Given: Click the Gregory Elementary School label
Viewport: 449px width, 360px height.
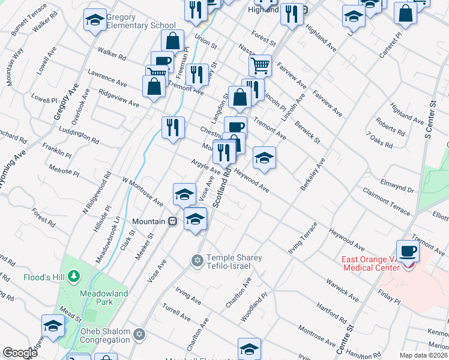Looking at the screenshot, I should (140, 22).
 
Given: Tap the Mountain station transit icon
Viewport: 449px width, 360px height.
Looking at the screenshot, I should (173, 221).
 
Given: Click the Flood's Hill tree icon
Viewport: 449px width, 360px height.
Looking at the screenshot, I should (73, 277).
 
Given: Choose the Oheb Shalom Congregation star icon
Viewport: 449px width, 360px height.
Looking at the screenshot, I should (139, 334).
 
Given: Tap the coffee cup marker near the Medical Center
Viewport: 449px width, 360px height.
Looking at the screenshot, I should (408, 251).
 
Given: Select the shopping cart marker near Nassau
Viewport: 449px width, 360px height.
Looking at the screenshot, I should (260, 65).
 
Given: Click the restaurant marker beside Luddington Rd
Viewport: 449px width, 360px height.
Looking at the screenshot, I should (173, 127).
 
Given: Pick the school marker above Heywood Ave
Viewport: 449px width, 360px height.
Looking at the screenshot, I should (264, 158).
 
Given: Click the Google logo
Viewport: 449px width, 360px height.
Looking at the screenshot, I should (20, 353).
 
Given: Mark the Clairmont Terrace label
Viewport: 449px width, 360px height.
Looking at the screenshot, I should (387, 201).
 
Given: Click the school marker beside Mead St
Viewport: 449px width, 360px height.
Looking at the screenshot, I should (53, 326).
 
